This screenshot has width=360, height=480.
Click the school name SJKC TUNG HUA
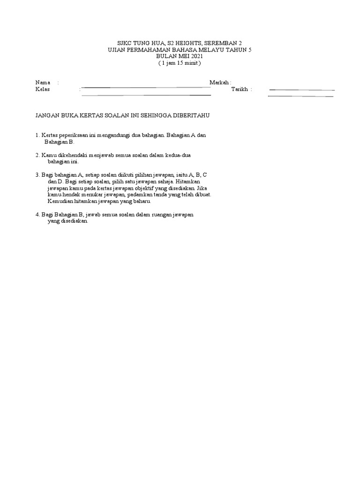pos(139,42)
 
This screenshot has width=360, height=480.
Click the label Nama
pos(43,82)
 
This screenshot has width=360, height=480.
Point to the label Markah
pos(219,82)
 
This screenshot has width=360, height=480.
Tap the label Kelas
pos(43,89)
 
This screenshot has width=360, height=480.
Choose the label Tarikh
pos(240,89)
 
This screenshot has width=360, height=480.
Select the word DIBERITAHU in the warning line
pos(192,115)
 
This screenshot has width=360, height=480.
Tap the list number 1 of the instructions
pos(37,135)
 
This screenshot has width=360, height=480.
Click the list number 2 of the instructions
pos(37,155)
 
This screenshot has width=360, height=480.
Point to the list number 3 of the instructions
pos(37,174)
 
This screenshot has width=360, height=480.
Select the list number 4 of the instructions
pos(37,214)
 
